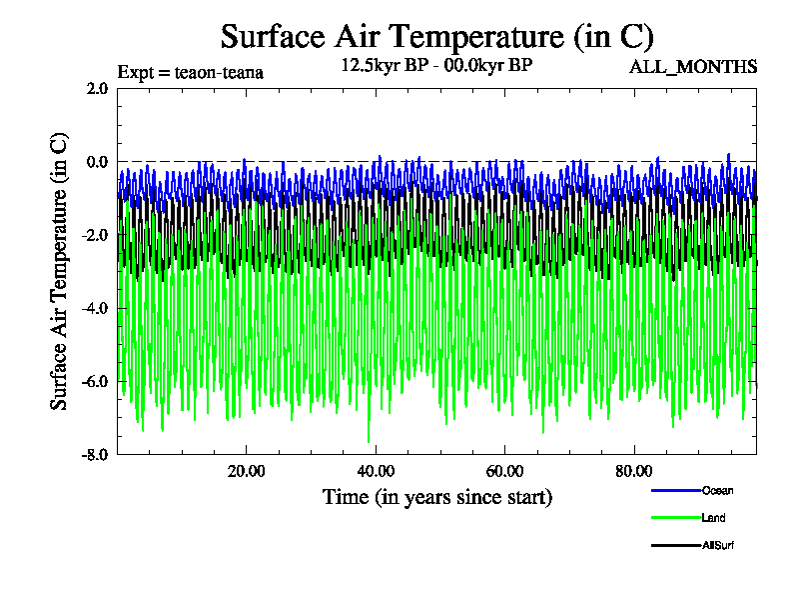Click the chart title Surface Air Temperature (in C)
[436, 37]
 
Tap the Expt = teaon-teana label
[190, 72]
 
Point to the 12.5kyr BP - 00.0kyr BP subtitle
[436, 67]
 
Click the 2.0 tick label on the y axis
[97, 88]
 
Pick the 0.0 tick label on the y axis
[97, 161]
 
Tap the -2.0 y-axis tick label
[95, 235]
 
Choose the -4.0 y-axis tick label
[95, 308]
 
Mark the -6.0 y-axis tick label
[95, 381]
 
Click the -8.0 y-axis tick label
[95, 454]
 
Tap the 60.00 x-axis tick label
[505, 471]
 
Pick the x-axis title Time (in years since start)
[436, 497]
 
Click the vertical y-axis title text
[60, 271]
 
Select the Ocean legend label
[717, 490]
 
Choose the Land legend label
[713, 518]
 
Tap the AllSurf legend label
[719, 545]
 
